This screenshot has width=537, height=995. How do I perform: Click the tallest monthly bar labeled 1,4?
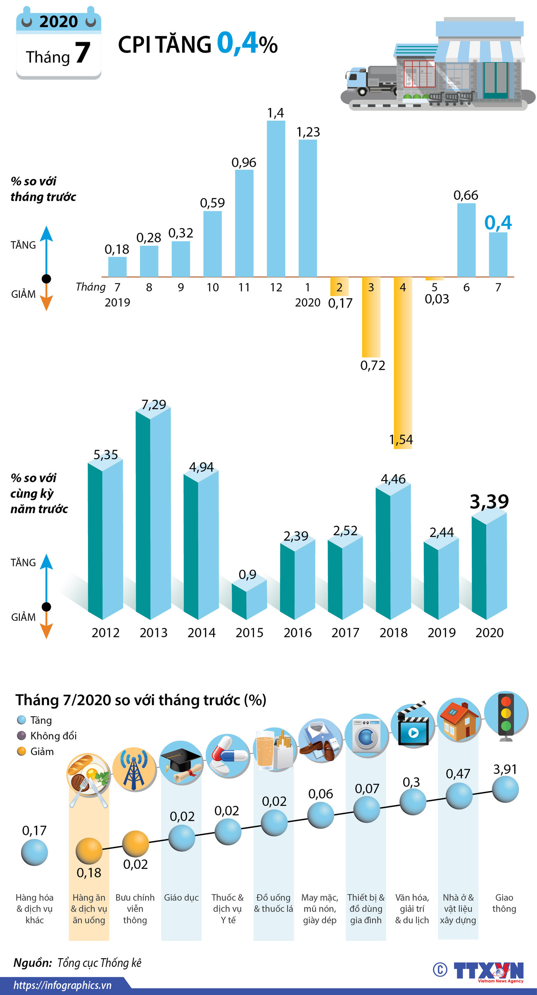pyautogui.click(x=276, y=199)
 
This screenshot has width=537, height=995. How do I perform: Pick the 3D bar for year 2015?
pyautogui.click(x=249, y=600)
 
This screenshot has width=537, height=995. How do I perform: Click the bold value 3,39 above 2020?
pyautogui.click(x=489, y=502)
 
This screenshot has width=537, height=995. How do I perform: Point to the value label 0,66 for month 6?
pyautogui.click(x=466, y=195)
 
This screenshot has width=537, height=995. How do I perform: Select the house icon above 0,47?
pyautogui.click(x=459, y=720)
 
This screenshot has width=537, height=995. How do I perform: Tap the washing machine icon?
pyautogui.click(x=366, y=735)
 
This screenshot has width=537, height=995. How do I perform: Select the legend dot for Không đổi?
pyautogui.click(x=21, y=736)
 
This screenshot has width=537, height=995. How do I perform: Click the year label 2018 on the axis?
pyautogui.click(x=393, y=633)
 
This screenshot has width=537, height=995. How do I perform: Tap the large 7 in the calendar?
pyautogui.click(x=82, y=53)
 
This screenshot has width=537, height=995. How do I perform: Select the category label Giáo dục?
pyautogui.click(x=181, y=898)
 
